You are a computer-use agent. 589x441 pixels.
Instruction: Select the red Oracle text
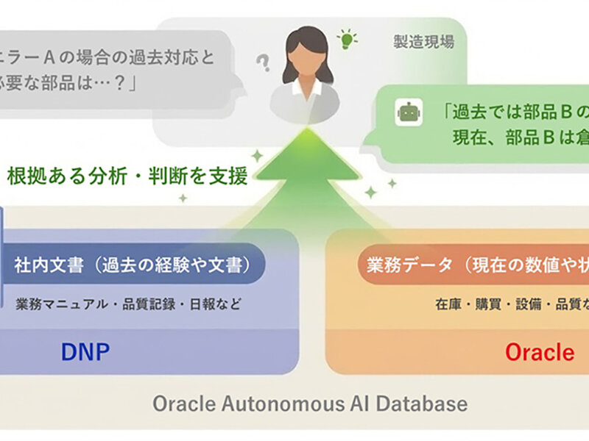[539, 352]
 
